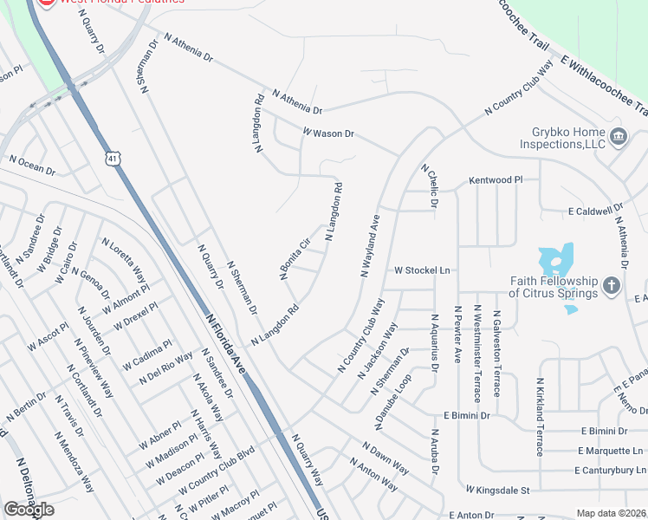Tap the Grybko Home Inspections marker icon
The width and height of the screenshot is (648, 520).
point(619,136)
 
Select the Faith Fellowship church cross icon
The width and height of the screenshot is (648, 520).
point(612,285)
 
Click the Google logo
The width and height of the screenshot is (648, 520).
point(29,510)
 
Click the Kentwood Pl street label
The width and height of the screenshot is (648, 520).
point(496,180)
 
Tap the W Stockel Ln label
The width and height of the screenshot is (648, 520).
point(422,270)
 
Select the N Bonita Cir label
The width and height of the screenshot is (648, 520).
point(295,258)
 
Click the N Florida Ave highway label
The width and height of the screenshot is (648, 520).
point(227,344)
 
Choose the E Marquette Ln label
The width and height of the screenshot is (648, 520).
point(611,451)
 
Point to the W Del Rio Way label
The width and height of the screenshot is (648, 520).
point(165,369)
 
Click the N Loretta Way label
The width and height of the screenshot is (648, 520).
point(124,260)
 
